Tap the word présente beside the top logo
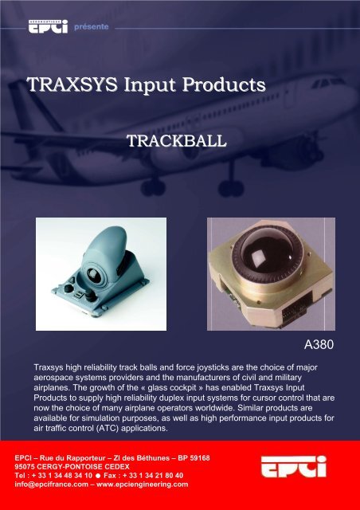point(90,25)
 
